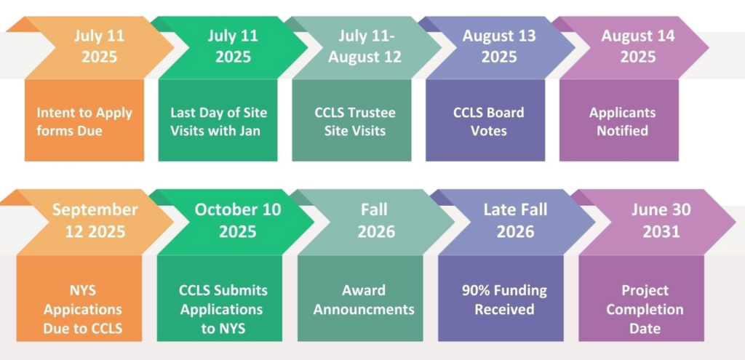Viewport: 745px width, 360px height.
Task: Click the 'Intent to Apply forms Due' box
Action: [x=84, y=121]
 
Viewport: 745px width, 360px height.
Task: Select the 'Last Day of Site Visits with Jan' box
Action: [x=218, y=121]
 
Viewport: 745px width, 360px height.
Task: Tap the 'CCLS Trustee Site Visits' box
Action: [x=351, y=121]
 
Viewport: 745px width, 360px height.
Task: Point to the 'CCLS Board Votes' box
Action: [x=485, y=121]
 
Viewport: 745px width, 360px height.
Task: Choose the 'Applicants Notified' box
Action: [x=619, y=121]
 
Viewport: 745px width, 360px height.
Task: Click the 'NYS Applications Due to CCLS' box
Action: [x=79, y=298]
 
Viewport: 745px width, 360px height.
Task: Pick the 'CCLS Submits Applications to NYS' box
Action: [x=220, y=298]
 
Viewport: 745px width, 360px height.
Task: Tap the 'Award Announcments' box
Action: [x=360, y=298]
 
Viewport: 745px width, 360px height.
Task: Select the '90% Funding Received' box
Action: [x=501, y=298]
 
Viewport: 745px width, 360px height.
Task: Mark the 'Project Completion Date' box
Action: [x=642, y=298]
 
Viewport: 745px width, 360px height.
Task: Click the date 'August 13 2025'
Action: [x=499, y=47]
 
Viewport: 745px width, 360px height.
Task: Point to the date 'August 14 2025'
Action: [x=637, y=47]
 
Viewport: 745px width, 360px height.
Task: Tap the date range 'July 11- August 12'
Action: [x=364, y=47]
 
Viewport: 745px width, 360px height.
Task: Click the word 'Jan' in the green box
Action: [x=250, y=130]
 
